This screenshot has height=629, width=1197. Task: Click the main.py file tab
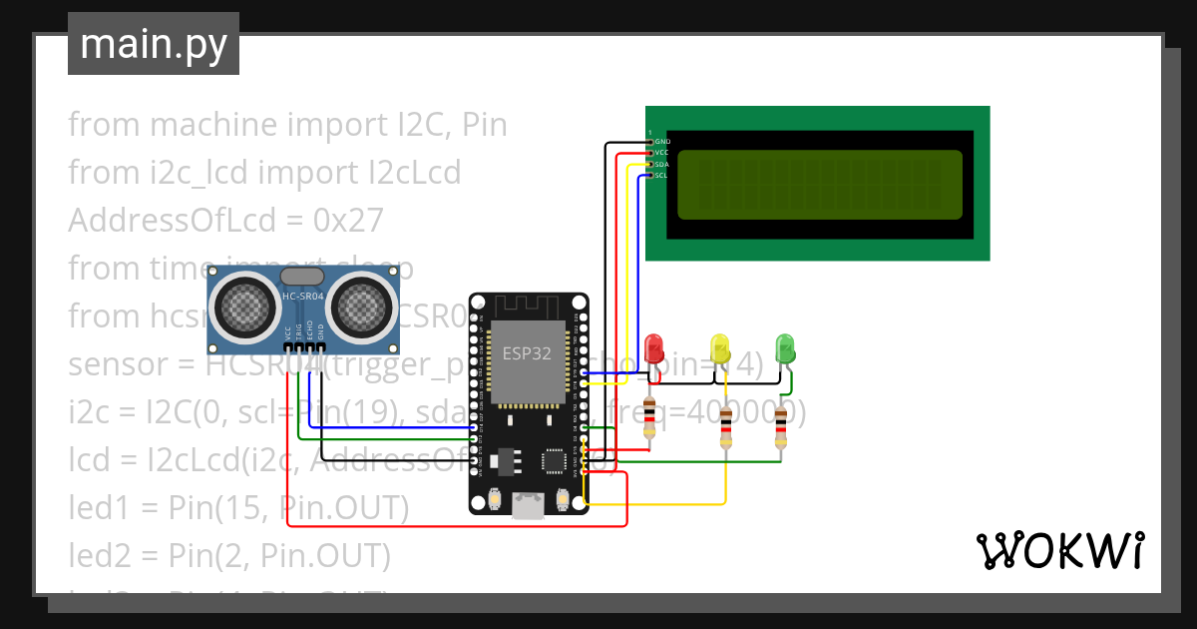click(153, 44)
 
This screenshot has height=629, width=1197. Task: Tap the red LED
click(654, 348)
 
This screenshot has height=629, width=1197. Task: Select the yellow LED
click(720, 348)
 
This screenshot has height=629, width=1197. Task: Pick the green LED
click(785, 348)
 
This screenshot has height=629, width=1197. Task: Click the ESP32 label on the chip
click(527, 352)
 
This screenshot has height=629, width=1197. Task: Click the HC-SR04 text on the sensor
click(302, 297)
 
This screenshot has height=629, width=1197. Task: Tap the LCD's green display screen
click(819, 185)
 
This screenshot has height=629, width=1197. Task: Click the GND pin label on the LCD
click(662, 142)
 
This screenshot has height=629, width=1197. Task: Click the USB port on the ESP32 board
click(528, 505)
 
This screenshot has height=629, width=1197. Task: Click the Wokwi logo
click(1059, 550)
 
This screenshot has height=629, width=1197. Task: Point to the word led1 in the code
click(96, 508)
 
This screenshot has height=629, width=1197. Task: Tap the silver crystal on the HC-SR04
click(302, 276)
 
